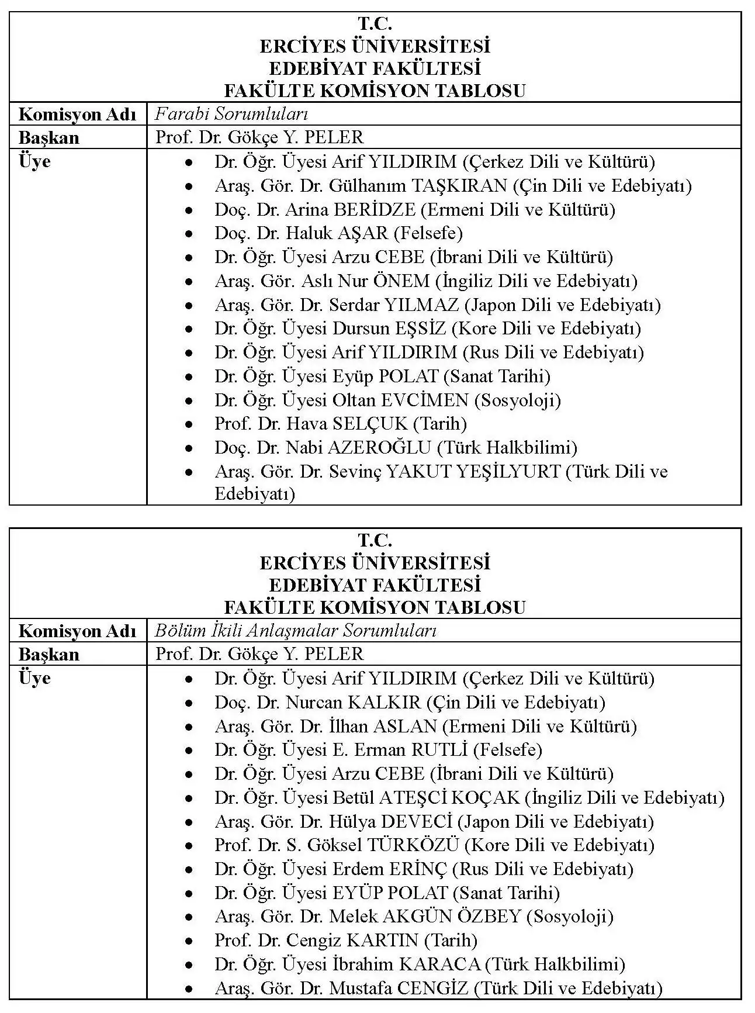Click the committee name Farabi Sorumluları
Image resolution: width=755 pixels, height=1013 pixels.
231,113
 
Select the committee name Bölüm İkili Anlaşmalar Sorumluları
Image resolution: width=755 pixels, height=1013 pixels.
296,630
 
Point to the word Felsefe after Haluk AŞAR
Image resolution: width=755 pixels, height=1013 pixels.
428,233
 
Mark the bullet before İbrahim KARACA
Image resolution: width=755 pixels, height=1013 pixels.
188,965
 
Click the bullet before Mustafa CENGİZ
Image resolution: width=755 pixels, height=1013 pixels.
188,989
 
